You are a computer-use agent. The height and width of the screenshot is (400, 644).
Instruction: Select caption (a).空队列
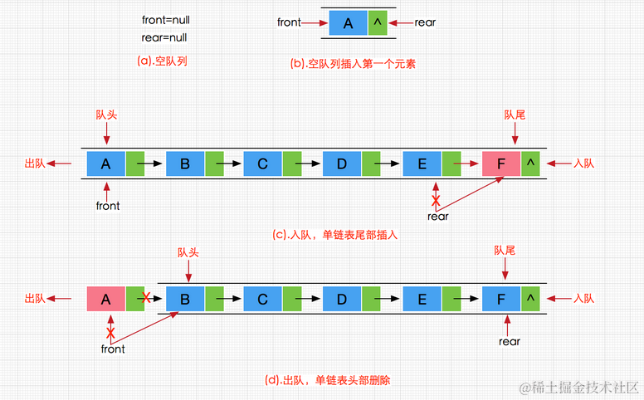click(161, 61)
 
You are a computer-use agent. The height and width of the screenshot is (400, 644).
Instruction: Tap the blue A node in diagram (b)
click(349, 23)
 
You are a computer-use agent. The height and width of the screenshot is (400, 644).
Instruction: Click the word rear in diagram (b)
click(424, 23)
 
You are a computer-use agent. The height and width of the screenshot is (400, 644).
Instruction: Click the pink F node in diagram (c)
click(501, 163)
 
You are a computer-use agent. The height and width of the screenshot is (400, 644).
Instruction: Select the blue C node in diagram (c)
click(263, 163)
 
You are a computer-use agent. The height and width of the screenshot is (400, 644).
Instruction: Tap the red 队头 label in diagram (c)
click(106, 115)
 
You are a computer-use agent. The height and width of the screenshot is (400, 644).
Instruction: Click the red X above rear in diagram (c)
click(436, 200)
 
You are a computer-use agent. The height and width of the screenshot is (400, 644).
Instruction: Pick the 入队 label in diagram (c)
click(584, 163)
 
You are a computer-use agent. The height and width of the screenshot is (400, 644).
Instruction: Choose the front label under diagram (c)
click(108, 206)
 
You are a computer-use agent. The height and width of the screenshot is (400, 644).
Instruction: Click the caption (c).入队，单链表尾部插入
click(335, 235)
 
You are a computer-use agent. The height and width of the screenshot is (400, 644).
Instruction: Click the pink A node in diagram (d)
click(106, 299)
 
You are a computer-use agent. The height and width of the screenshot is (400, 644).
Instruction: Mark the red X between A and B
click(147, 297)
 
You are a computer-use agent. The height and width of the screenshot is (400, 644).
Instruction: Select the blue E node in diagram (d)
click(422, 299)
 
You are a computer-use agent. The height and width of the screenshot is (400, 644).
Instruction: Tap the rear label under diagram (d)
click(510, 341)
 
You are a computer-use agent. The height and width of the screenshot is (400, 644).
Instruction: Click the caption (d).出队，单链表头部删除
click(327, 381)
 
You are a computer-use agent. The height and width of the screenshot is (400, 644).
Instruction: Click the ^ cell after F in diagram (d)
click(530, 299)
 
